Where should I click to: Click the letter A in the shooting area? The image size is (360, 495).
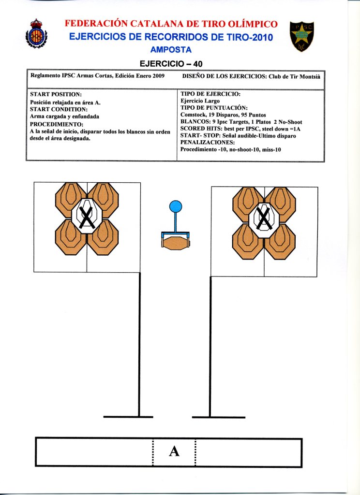(174, 451)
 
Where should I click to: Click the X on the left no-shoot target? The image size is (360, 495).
(87, 216)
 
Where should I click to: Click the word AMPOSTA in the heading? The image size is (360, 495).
(171, 49)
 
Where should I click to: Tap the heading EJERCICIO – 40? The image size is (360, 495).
(174, 63)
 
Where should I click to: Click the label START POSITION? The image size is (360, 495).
(56, 94)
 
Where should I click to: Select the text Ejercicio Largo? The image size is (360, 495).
(200, 101)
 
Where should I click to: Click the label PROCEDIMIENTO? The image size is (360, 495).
(56, 124)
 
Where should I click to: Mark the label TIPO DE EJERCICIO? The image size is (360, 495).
(210, 94)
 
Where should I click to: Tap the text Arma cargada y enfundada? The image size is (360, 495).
(64, 116)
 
